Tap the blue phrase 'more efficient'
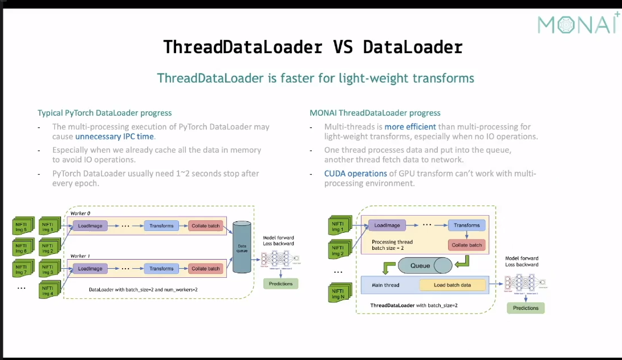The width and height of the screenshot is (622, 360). pyautogui.click(x=410, y=127)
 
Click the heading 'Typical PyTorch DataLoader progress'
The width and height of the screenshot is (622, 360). pyautogui.click(x=104, y=113)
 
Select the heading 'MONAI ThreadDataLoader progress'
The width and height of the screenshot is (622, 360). pyautogui.click(x=375, y=113)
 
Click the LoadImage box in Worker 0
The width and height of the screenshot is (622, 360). pyautogui.click(x=90, y=226)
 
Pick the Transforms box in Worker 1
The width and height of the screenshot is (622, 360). pyautogui.click(x=161, y=269)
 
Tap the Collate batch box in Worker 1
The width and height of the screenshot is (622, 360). pyautogui.click(x=205, y=269)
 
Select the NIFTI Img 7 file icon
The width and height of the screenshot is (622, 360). pyautogui.click(x=22, y=268)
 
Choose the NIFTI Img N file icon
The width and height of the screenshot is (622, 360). pyautogui.click(x=338, y=294)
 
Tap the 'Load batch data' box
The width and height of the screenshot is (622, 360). pyautogui.click(x=452, y=285)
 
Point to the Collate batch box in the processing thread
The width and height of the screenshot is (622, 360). pyautogui.click(x=467, y=245)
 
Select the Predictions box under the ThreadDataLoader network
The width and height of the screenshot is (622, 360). pyautogui.click(x=525, y=308)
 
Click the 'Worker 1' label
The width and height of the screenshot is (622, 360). pyautogui.click(x=79, y=256)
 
